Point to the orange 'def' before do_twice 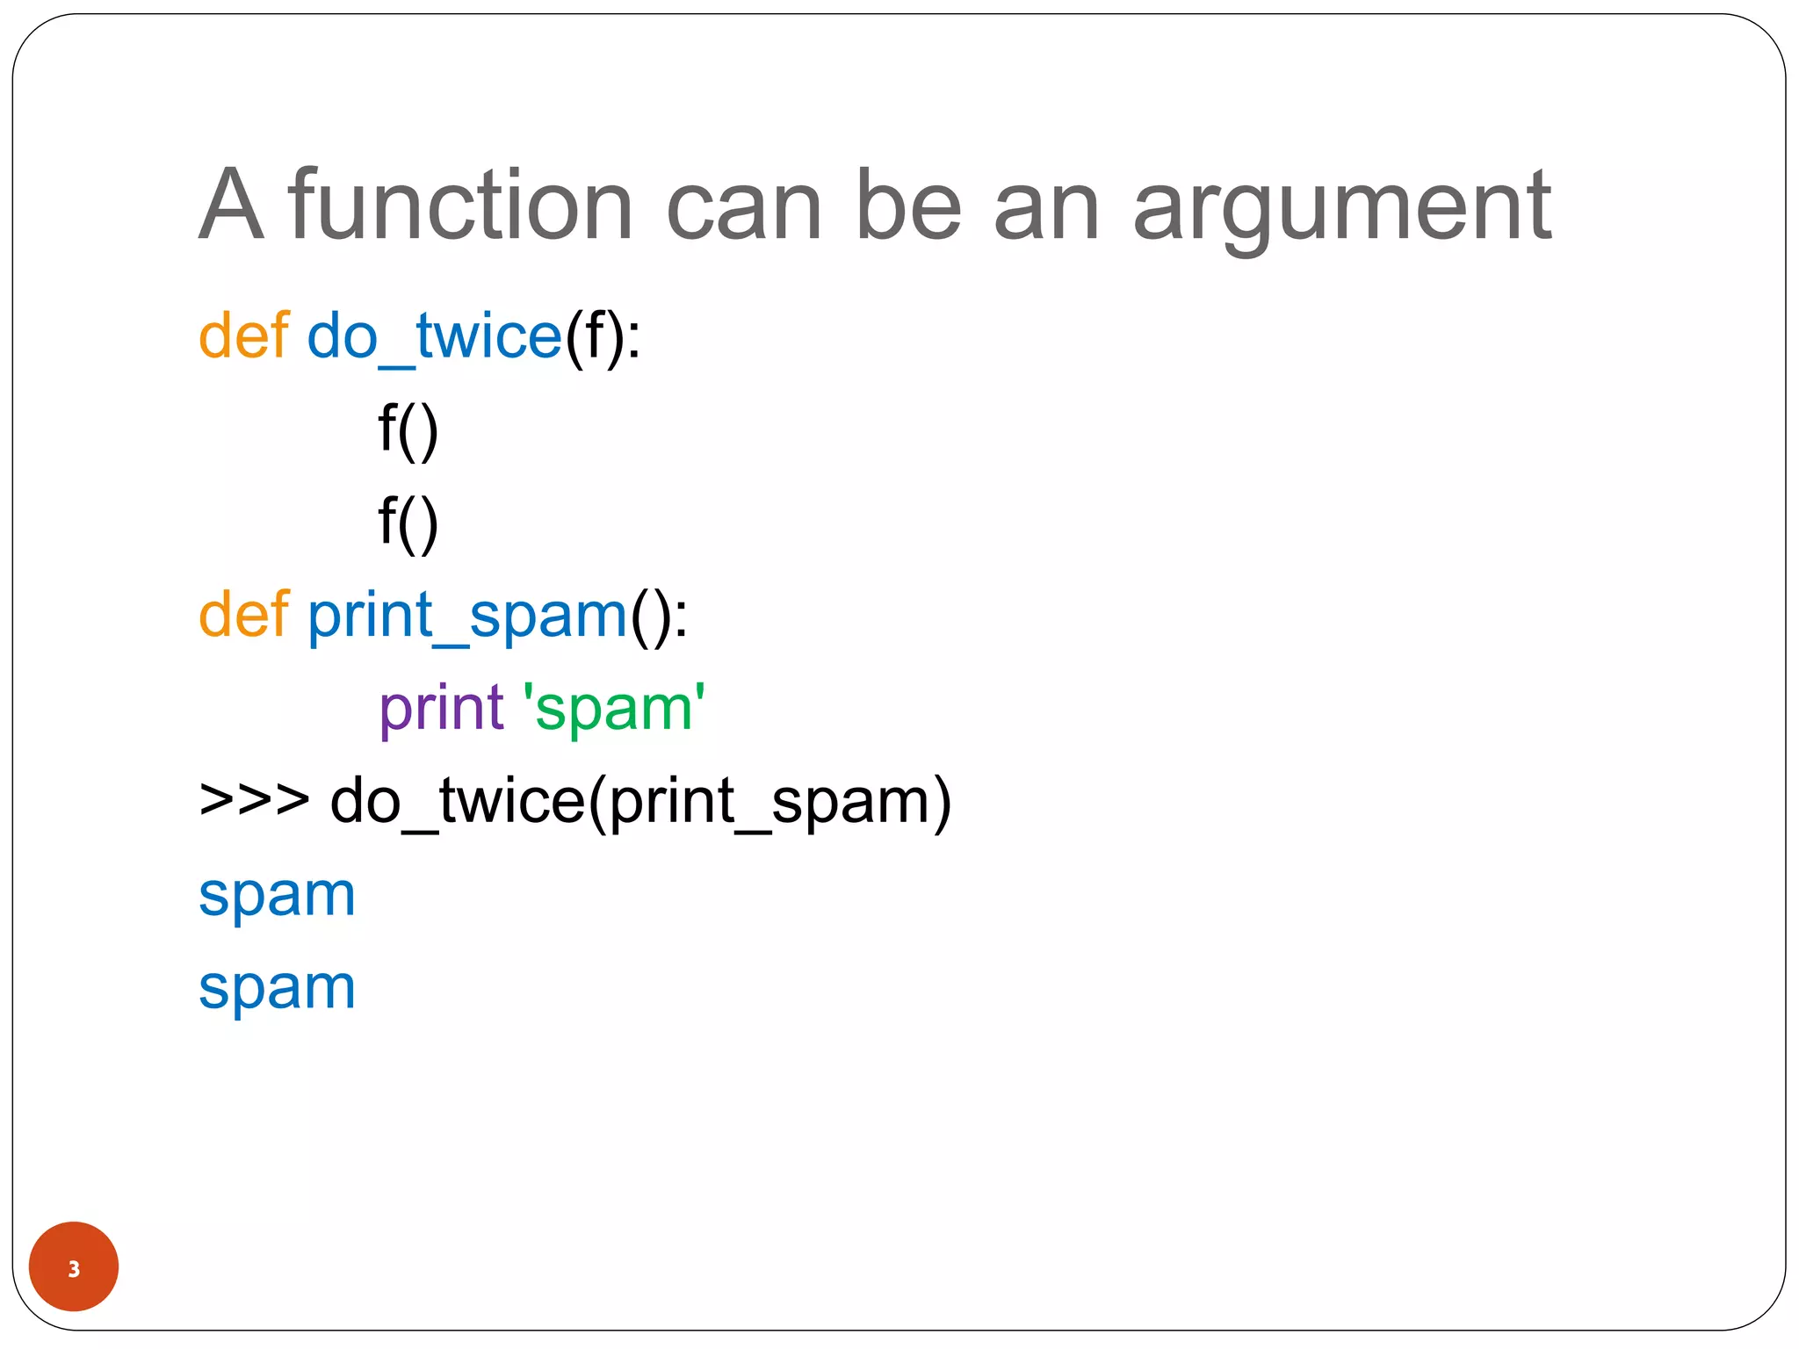[x=243, y=335]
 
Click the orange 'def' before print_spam [x=243, y=614]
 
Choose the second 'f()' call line [x=408, y=523]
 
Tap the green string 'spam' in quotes [x=614, y=708]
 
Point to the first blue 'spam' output [x=277, y=897]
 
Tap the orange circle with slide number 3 [x=74, y=1266]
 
